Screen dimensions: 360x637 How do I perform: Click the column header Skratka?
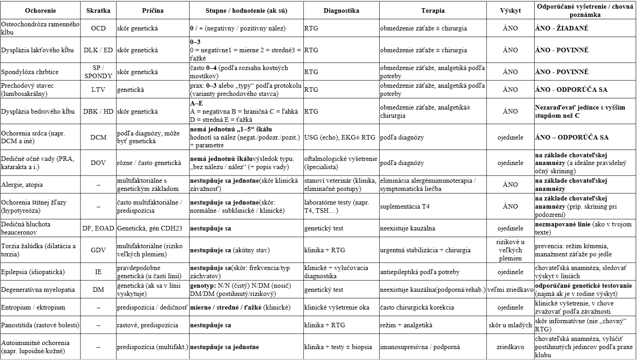(98, 10)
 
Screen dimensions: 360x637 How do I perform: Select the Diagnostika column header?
(341, 10)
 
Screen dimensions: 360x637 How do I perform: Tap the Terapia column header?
(432, 10)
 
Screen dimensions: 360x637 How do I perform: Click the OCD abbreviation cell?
(98, 28)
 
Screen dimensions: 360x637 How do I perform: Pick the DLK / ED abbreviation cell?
(98, 50)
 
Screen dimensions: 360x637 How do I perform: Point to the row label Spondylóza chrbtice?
(30, 72)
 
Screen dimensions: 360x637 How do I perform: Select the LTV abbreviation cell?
(98, 90)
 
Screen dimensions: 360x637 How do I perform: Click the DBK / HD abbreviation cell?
(98, 111)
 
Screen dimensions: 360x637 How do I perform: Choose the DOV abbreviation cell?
(98, 163)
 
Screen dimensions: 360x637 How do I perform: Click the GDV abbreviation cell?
(98, 250)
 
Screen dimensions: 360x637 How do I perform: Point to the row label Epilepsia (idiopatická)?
(33, 272)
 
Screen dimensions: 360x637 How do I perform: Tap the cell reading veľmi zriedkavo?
(510, 290)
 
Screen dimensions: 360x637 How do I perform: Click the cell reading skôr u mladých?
(510, 325)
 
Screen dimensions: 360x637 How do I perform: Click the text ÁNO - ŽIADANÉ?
(562, 28)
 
